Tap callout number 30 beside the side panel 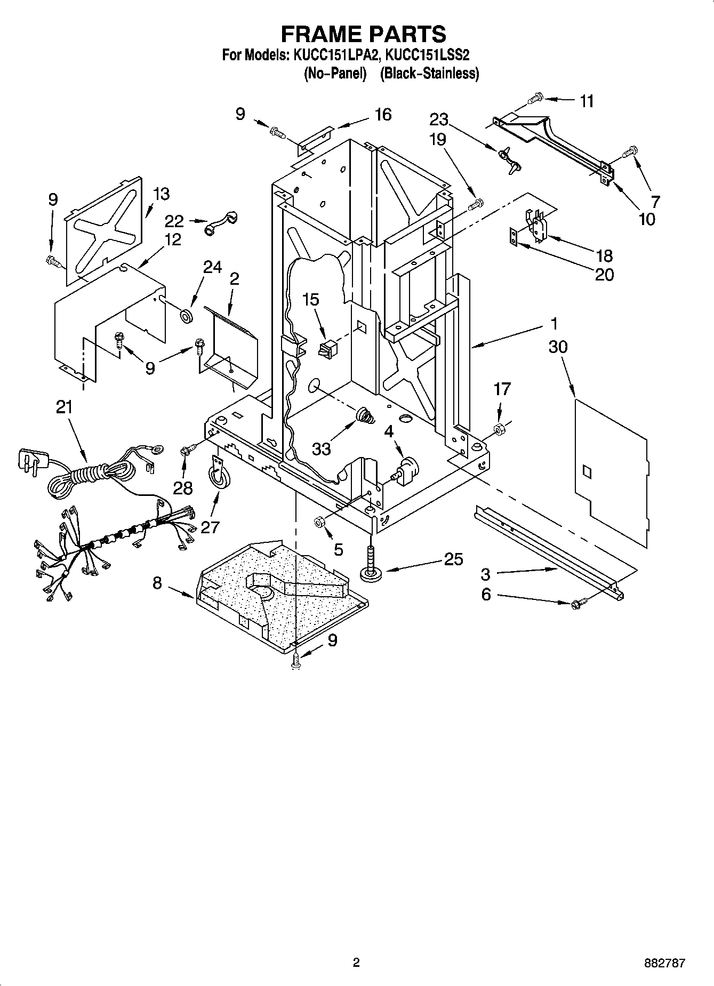coord(558,347)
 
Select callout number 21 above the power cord coord(64,407)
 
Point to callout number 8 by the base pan coord(157,583)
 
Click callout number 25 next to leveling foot coord(454,559)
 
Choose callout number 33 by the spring coord(322,448)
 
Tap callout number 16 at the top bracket coord(383,115)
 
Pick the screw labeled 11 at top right coord(535,98)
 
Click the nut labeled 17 coord(500,428)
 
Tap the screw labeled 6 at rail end coord(577,604)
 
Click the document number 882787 coord(664,963)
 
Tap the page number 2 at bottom coord(356,963)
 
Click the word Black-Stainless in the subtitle coord(429,73)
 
